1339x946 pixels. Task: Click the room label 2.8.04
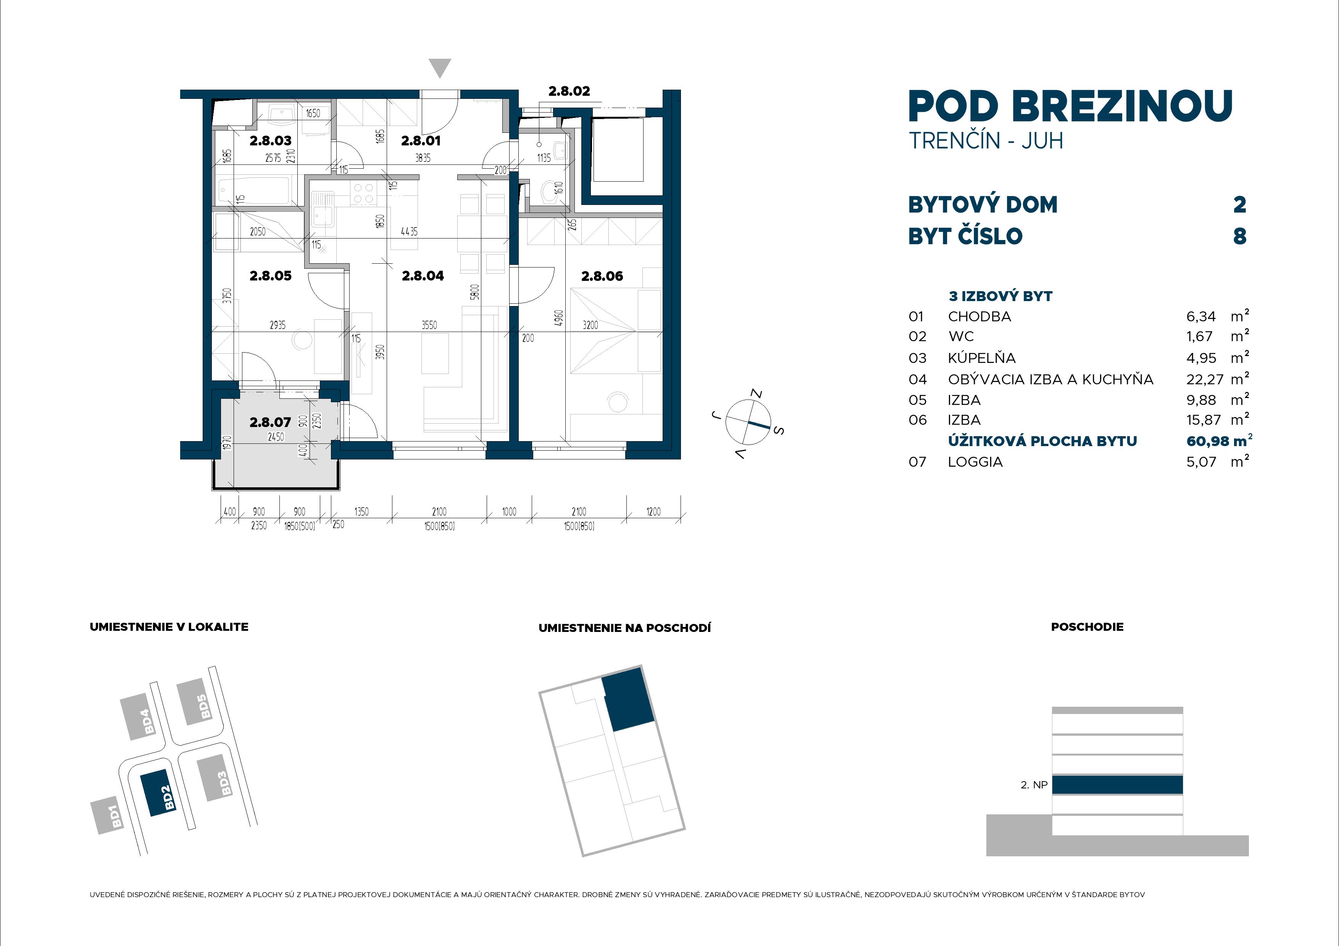(x=423, y=276)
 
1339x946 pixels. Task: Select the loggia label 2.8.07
(x=270, y=422)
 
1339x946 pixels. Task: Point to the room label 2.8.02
(x=569, y=91)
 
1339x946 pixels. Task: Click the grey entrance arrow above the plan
(x=440, y=68)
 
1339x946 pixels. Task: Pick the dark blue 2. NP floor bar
(x=1117, y=785)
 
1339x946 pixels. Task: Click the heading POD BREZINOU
(x=1070, y=107)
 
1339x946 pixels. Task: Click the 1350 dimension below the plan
(x=361, y=511)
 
